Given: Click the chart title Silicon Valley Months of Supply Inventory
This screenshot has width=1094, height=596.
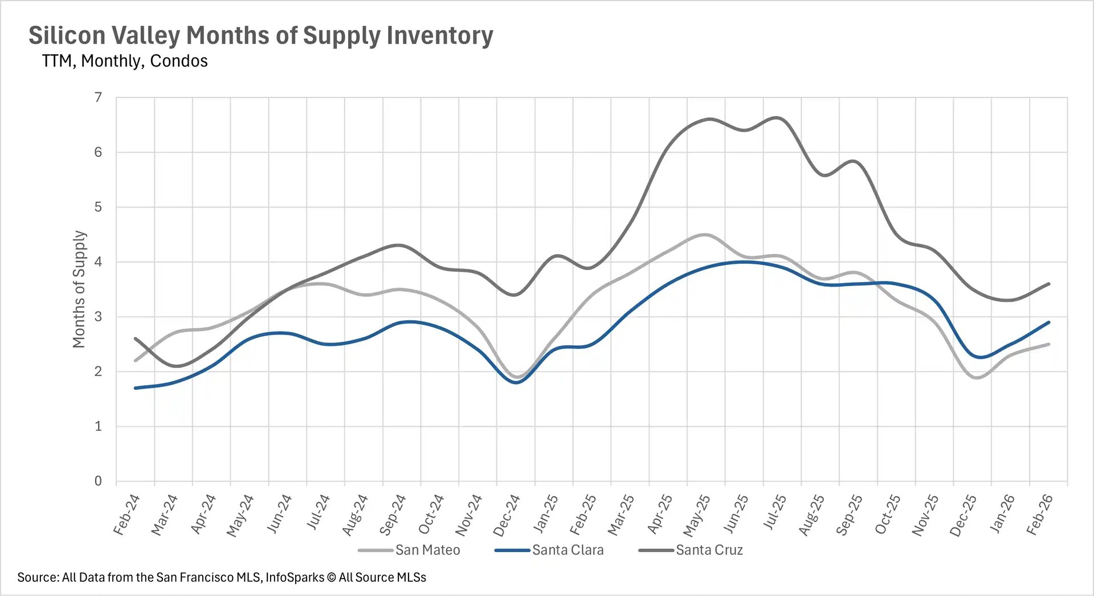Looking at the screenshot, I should tap(261, 35).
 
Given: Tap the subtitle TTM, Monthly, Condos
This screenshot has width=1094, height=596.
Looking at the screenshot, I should tap(125, 61).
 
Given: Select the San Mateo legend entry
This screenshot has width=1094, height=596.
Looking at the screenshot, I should tap(427, 550).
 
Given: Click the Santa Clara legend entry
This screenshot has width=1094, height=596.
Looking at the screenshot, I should tap(568, 550).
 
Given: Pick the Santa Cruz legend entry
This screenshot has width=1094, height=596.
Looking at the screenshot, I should tap(709, 550).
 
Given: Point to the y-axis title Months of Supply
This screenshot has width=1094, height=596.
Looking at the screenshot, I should tap(79, 289).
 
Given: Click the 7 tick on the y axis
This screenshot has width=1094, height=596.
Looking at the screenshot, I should tap(98, 97).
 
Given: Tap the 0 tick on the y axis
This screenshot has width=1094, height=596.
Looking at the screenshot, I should tap(98, 481).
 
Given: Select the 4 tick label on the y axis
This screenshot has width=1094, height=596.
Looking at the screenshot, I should tap(98, 262).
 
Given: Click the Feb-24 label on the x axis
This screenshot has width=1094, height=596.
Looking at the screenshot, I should tap(126, 515).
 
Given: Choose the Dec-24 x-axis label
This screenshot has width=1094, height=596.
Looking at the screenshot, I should tap(507, 515).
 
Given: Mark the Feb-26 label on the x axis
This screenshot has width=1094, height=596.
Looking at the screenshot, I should tap(1039, 515).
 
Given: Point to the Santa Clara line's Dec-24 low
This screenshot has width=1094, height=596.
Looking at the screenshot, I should tap(516, 382).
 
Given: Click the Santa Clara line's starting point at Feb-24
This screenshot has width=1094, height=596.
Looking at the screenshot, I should tap(136, 388).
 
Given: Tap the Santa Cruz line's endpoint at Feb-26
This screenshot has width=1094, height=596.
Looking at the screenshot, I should tap(1048, 284).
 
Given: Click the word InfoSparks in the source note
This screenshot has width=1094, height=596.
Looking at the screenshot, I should tap(295, 577).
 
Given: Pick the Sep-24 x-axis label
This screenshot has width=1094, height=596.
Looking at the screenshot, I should tap(393, 515).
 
